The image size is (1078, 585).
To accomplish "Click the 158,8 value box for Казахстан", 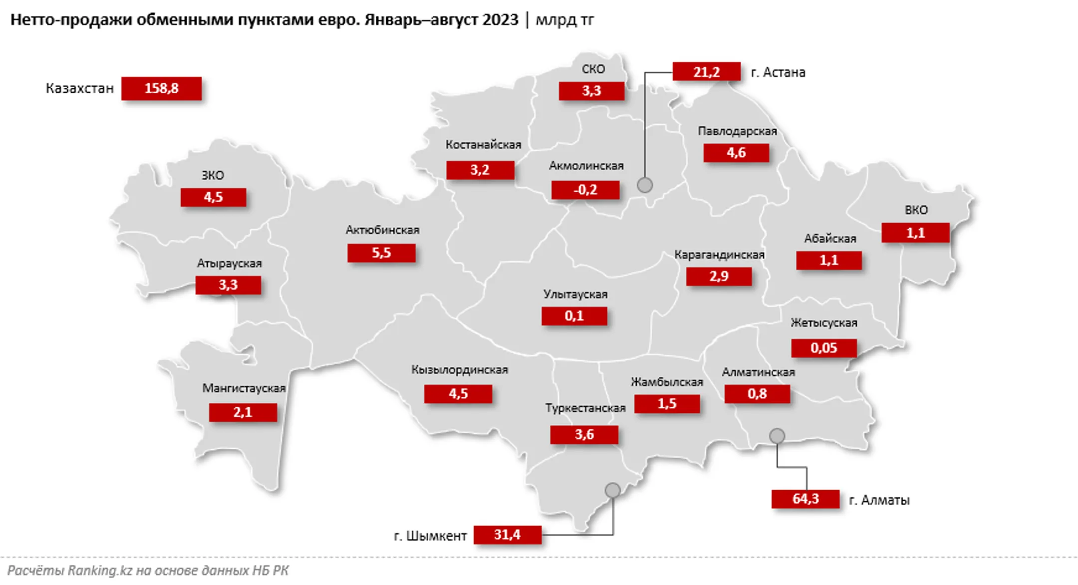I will (161, 88).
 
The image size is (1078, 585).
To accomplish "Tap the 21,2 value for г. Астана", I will (706, 72).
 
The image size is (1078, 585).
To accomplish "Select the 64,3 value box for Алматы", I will (805, 499).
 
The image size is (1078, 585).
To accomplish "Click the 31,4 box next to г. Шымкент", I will (507, 535).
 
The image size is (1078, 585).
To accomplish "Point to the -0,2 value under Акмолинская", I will (585, 190).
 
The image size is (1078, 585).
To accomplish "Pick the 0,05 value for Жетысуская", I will (823, 348).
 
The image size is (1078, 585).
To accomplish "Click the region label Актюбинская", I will (382, 230).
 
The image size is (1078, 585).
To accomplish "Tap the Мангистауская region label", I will (244, 388).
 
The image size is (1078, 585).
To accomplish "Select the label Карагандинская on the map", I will (719, 255).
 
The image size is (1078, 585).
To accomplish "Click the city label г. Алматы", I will (879, 500).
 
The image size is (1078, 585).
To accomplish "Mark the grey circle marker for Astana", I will (645, 185).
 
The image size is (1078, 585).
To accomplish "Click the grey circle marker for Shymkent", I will (612, 490).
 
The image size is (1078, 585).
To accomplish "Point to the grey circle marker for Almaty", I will (777, 436).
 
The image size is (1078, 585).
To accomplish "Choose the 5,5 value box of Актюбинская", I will (381, 253).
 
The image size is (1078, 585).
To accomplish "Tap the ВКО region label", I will (916, 210).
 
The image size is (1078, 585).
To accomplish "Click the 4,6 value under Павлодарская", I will (736, 153).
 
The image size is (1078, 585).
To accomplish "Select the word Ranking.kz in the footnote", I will (100, 571).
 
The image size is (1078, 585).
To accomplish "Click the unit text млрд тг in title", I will (564, 19).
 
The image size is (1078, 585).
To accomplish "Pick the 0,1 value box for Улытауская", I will (574, 316).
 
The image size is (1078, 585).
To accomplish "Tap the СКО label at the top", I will (593, 69).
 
